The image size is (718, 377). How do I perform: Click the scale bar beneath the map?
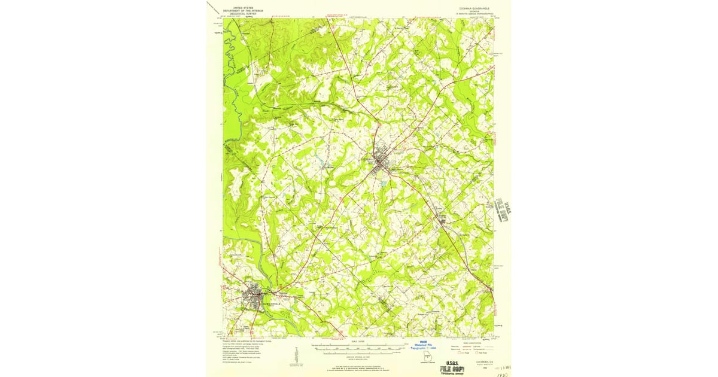point(359,346)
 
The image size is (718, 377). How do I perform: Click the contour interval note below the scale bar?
point(359,357)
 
